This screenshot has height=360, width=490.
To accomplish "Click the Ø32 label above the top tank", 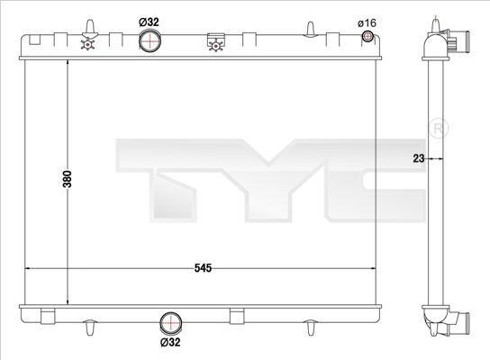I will [149, 22].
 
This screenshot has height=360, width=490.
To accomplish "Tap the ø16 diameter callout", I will [367, 22].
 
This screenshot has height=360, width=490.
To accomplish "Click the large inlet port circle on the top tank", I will [150, 41].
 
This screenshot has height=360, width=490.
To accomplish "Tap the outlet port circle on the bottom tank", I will [171, 325].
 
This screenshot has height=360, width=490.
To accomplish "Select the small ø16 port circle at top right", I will [367, 37].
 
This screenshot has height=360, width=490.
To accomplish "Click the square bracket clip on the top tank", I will [214, 40].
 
